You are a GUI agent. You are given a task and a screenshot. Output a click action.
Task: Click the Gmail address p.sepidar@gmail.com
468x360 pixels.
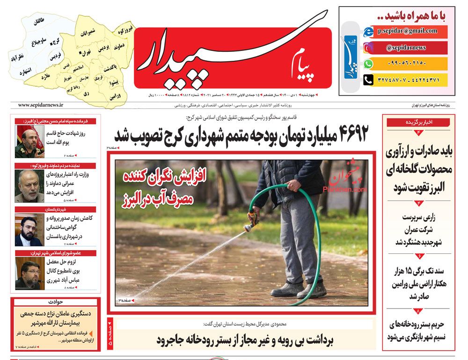[412, 31]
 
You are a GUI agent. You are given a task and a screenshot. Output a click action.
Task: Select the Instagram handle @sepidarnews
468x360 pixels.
[406, 48]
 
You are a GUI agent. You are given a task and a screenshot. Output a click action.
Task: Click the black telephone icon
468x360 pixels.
[369, 79]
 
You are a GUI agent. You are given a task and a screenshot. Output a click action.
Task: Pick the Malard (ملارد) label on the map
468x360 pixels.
[45, 76]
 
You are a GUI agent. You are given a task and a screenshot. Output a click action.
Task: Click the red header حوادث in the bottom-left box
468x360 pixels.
[55, 302]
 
